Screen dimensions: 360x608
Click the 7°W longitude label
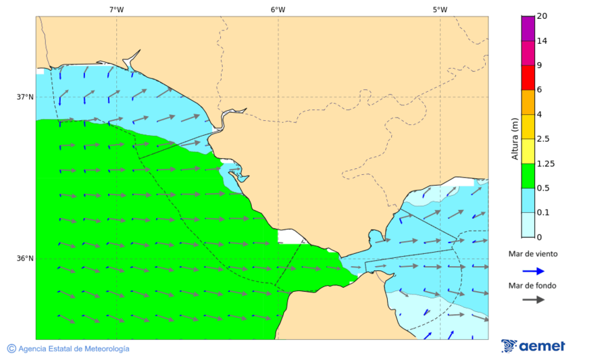click(116, 9)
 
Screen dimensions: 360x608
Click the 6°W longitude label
click(278, 9)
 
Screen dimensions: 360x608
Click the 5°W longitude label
click(440, 9)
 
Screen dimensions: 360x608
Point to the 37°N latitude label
click(25, 97)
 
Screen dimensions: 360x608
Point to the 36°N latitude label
click(25, 259)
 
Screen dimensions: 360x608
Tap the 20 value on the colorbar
click(542, 16)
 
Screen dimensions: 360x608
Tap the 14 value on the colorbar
click(542, 41)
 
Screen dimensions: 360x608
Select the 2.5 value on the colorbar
click(543, 139)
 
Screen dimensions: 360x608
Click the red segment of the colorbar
click(528, 77)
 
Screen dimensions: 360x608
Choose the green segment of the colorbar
click(528, 176)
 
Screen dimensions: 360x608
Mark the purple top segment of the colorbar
click(528, 28)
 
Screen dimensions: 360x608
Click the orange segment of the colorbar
click(528, 102)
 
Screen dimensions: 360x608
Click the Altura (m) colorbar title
click(515, 139)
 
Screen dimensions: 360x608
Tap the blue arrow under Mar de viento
click(533, 271)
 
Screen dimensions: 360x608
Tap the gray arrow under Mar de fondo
click(533, 299)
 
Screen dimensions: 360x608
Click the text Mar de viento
click(533, 254)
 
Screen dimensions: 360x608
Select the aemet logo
click(533, 346)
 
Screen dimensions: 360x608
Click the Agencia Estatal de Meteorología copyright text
click(68, 349)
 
